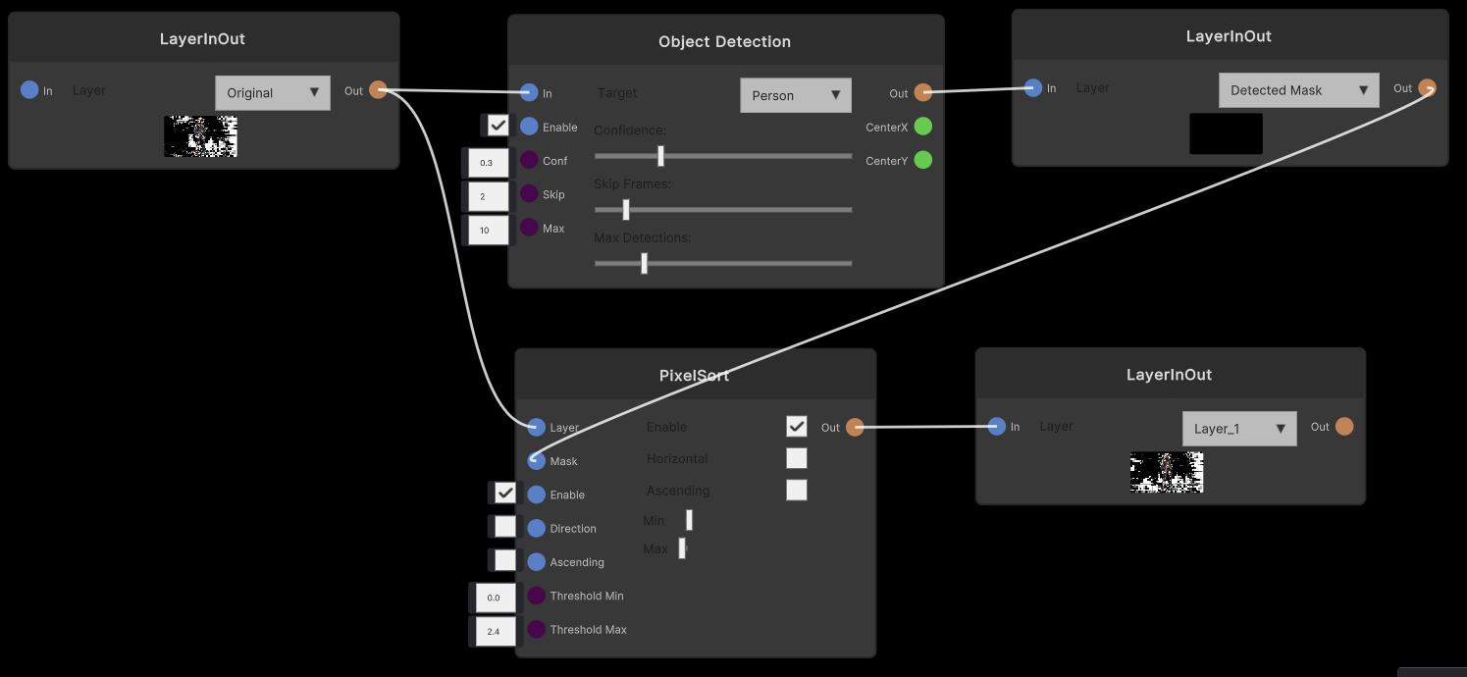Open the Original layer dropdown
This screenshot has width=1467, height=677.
point(273,93)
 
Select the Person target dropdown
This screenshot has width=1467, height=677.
point(796,95)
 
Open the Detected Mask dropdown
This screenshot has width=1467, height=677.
point(1298,90)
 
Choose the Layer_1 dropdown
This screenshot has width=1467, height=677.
point(1239,429)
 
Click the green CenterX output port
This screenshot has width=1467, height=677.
point(922,127)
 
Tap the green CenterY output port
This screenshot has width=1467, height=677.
point(922,160)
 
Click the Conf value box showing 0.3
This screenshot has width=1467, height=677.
point(487,163)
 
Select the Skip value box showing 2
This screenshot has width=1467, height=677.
point(487,196)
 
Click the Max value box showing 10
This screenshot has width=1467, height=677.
point(487,230)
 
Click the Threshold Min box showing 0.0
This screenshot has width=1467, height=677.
point(495,598)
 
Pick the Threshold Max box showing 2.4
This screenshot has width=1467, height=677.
point(495,631)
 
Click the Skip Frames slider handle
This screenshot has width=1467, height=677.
point(625,210)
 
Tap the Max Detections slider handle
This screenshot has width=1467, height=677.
point(644,263)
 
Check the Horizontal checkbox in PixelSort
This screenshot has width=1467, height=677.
point(797,458)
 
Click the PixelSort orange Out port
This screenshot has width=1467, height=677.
point(855,427)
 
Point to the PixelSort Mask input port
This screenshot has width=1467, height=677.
point(536,461)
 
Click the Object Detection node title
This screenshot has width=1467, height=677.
point(724,41)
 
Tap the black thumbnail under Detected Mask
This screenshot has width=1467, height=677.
point(1226,133)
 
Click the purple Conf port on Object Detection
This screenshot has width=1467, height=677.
point(529,161)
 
